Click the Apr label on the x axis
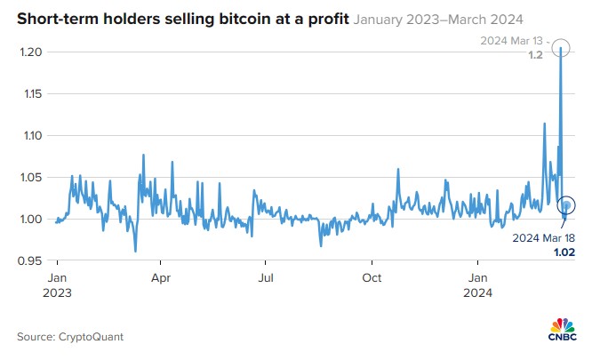click(161, 277)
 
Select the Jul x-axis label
click(265, 277)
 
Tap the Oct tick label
click(372, 277)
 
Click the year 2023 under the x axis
click(58, 291)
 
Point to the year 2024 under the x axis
click(478, 291)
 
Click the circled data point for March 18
click(567, 205)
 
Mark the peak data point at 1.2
click(560, 50)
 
